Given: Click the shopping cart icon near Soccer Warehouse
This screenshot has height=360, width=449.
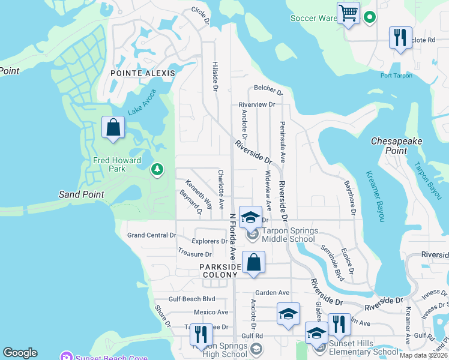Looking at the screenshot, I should coord(348,13).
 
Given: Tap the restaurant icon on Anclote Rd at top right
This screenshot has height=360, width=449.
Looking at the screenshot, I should coord(400,37).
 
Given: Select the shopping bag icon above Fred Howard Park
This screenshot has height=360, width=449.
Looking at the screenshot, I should coord(113,127).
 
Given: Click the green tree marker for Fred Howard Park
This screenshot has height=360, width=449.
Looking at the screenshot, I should coord(157,170).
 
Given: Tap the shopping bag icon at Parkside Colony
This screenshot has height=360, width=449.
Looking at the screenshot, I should coord(254,262).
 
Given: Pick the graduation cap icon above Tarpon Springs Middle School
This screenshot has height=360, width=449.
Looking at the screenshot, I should coord(250,217).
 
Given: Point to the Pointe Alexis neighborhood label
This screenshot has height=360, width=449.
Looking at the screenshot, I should coord(143,73).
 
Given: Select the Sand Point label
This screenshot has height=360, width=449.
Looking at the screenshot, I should coord(82,194).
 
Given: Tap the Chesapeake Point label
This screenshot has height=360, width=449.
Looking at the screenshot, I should coord(396,145).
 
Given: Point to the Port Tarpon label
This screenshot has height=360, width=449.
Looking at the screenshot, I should coord(396,76).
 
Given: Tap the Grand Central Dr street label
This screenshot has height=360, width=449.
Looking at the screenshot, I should coord(151,235).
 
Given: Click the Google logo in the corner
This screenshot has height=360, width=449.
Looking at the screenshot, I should coord(20,353).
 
